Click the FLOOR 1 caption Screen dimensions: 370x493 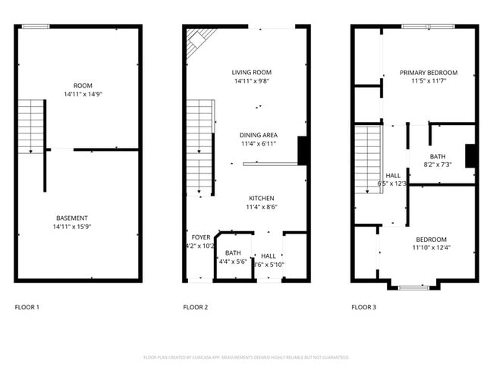(27, 307)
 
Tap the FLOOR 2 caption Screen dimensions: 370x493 (195, 307)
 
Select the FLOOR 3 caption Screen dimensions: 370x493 (363, 307)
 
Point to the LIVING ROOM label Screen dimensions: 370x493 (252, 72)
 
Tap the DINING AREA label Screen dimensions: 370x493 (259, 134)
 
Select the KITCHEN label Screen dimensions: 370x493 (261, 198)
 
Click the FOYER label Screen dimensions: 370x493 (201, 237)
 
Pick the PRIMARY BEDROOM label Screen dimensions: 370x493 (429, 73)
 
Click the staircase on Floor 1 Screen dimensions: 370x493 (31, 125)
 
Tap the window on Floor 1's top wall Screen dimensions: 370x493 (36, 27)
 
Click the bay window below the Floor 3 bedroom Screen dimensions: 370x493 (415, 287)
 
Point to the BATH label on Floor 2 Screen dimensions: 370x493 (233, 252)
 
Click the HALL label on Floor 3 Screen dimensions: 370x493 (393, 175)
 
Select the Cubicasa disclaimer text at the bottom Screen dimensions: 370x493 (246, 356)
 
